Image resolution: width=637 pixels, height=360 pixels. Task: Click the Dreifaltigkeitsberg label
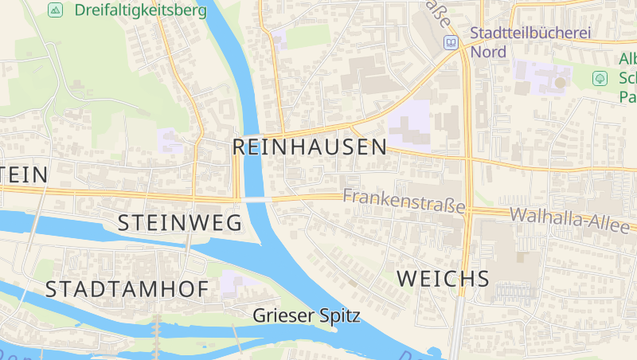click(x=140, y=10)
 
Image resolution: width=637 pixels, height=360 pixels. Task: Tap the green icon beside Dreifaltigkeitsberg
click(x=55, y=10)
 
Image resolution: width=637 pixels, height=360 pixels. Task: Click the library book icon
click(x=451, y=42)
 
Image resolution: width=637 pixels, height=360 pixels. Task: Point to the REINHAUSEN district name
click(x=310, y=147)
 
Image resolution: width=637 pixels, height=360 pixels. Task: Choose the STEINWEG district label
click(x=180, y=223)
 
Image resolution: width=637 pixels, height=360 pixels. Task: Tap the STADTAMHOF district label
click(x=127, y=289)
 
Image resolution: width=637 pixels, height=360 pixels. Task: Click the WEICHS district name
click(x=443, y=278)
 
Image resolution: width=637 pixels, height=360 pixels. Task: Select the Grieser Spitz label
click(x=306, y=315)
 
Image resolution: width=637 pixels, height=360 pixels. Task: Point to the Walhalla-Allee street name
click(x=569, y=219)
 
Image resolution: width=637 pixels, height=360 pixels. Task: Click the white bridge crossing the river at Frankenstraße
click(x=255, y=199)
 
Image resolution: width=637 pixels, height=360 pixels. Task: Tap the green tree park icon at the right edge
click(x=600, y=78)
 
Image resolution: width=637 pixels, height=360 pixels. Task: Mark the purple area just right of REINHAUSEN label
click(x=410, y=126)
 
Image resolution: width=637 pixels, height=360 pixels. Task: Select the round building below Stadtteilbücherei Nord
click(x=561, y=81)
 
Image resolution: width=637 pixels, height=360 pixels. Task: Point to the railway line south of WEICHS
click(x=456, y=327)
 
